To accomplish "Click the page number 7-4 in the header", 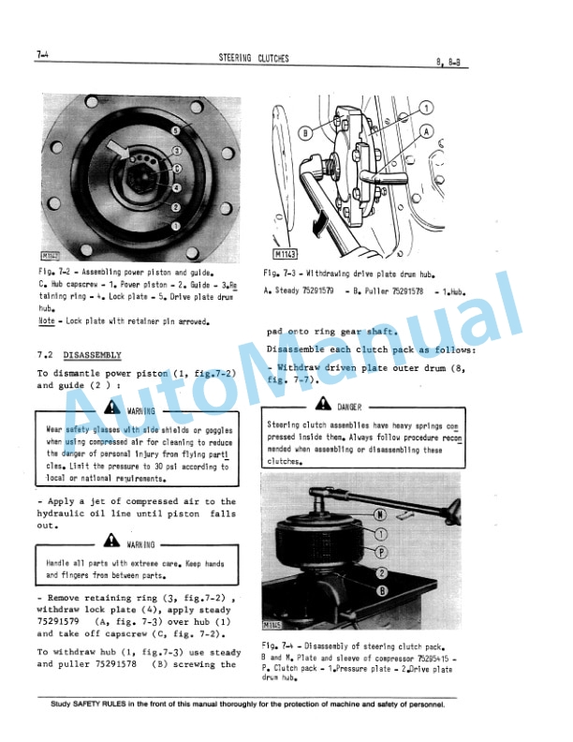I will pos(38,57).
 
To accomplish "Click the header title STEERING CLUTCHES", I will pos(253,59).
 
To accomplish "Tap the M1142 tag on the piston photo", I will pos(51,254).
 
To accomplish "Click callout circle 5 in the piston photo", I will pos(175,130).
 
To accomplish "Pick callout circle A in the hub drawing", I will pos(428,132).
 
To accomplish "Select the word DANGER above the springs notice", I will pos(348,406).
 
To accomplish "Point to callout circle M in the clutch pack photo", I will pos(379,514).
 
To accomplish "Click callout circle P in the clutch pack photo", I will pos(381,552).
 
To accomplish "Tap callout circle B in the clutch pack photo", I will pos(382,590).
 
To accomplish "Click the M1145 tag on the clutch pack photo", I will pos(272,625).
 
